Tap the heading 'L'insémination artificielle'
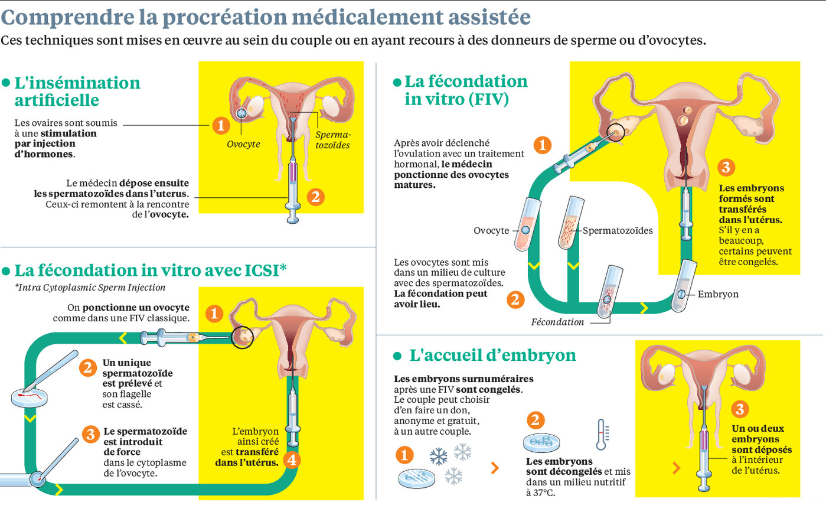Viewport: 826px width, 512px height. click(77, 91)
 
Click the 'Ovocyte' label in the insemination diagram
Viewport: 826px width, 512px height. click(243, 144)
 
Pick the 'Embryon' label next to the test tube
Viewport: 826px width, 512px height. click(718, 294)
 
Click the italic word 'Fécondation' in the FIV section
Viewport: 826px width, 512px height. click(557, 322)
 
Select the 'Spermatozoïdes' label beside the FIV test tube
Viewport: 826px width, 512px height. click(618, 230)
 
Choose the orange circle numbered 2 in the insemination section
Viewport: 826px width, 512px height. click(315, 197)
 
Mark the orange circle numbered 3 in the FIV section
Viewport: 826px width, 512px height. click(726, 167)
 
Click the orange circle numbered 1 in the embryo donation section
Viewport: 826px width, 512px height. click(404, 455)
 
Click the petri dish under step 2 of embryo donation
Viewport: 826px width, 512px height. click(541, 442)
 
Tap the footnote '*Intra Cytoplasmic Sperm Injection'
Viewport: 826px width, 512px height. click(90, 288)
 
